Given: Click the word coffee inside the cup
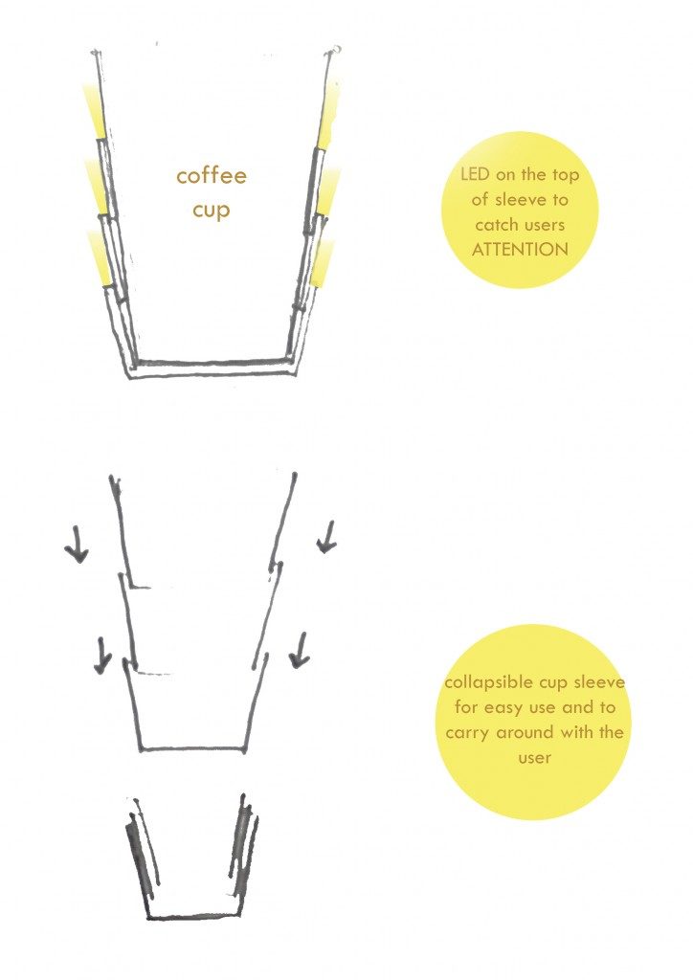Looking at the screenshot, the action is point(212,175).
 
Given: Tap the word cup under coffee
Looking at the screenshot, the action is point(211,210).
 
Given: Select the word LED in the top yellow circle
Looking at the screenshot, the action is point(475,174).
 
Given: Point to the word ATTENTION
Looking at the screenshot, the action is point(520,250).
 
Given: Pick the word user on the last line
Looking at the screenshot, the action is point(534,758).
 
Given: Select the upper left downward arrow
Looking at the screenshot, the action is point(77,545).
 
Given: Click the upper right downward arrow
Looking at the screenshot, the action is point(326,538).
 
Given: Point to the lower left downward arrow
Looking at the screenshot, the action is point(102,655).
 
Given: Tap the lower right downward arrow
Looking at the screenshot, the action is point(300,650).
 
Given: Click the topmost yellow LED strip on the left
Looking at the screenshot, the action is point(94,112).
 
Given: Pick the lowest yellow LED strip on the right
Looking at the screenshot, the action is point(322,264).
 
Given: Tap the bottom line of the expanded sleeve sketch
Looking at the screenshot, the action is point(192,748).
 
